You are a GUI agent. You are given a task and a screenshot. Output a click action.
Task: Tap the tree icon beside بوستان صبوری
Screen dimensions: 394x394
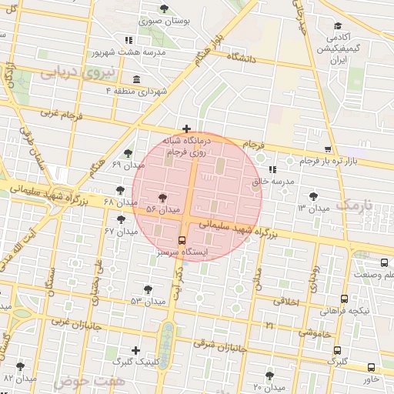pos(164,8)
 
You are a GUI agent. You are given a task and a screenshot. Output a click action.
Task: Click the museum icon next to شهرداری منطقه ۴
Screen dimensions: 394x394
pos(136,79)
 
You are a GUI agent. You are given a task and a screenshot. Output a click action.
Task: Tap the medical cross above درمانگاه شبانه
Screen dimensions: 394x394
pos(186,129)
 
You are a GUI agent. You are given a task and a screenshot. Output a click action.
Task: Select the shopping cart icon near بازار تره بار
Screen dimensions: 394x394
pos(328,149)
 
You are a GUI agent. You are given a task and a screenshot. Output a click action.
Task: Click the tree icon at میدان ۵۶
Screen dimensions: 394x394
pos(162,198)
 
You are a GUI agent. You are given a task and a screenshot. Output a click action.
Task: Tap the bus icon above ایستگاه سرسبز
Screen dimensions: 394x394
pos(182,239)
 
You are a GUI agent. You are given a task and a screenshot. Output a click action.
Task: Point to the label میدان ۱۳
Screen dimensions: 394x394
pos(312,209)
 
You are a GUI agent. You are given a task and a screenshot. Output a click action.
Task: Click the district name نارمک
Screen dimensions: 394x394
pos(353,205)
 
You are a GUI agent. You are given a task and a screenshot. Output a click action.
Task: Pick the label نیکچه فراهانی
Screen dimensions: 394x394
pos(343,311)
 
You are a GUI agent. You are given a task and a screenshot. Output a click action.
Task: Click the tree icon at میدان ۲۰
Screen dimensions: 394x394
pos(269,375)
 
